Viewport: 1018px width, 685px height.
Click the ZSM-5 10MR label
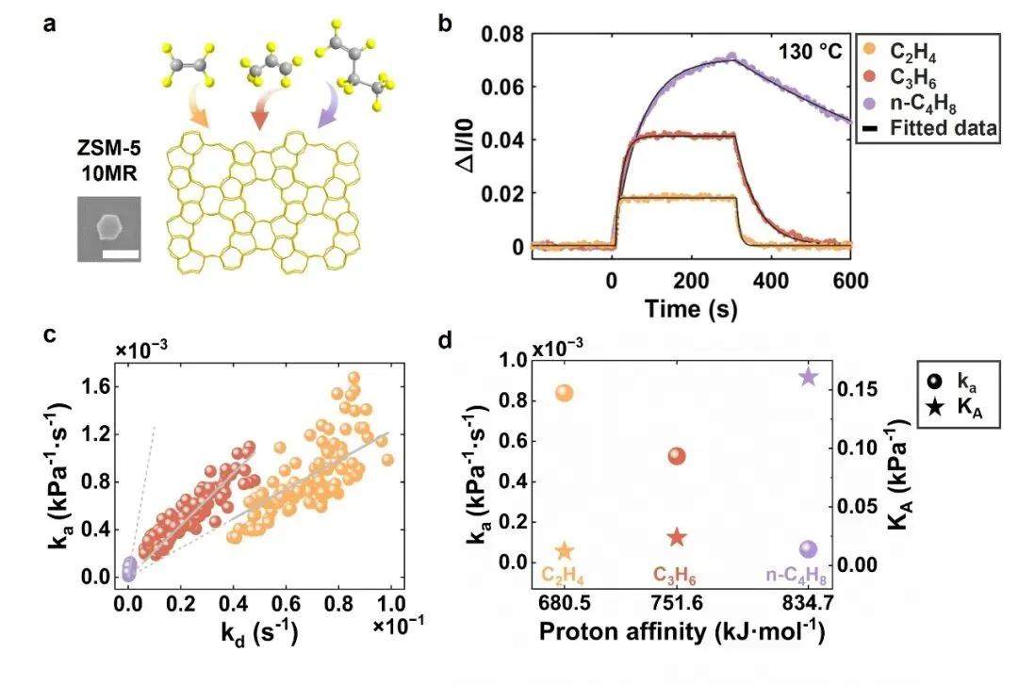[108, 163]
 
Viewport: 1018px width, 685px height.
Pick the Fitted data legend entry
[944, 128]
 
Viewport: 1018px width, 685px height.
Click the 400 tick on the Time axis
[770, 279]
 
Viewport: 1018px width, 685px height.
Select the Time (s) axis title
[691, 307]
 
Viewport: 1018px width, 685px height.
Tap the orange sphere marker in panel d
[565, 393]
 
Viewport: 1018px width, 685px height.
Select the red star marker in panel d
[676, 537]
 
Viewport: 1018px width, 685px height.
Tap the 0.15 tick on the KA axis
[854, 388]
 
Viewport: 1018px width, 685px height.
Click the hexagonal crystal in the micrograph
[109, 225]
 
